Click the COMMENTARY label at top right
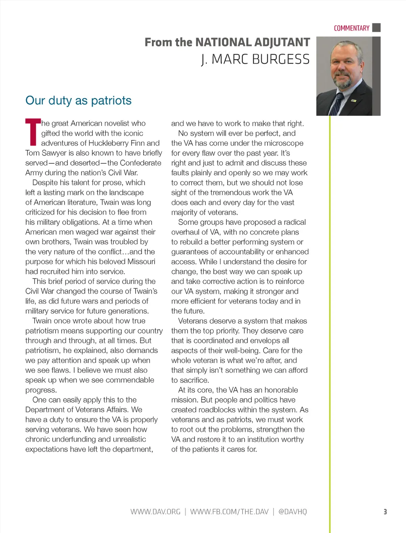tap(351, 28)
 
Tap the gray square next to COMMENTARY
tap(377, 28)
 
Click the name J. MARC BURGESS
tap(255, 59)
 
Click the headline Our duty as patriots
tap(79, 100)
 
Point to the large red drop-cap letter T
tap(33, 132)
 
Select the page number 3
tap(385, 512)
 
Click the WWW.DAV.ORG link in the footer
tap(155, 512)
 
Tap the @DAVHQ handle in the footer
tap(293, 512)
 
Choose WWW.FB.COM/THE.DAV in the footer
tap(229, 512)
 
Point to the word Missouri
tap(141, 262)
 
